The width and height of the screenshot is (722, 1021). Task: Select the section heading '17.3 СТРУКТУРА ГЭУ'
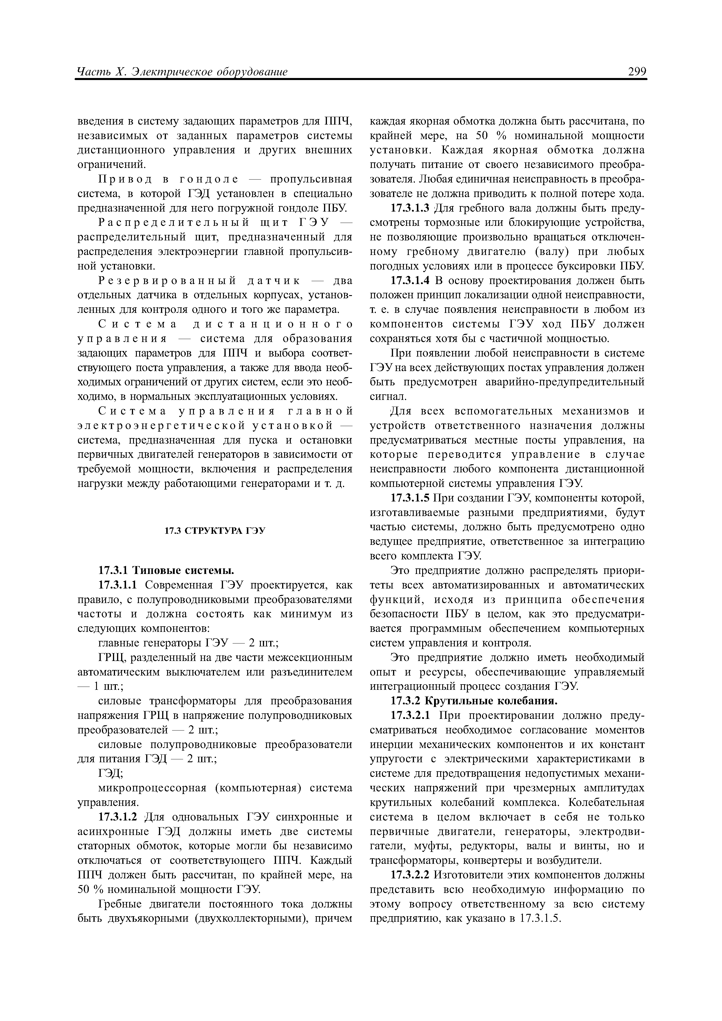click(x=215, y=531)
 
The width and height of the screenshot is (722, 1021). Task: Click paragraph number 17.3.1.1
click(x=120, y=585)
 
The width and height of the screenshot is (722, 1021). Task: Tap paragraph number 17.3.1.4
click(x=410, y=281)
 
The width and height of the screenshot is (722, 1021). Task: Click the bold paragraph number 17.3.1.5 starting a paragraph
click(x=410, y=499)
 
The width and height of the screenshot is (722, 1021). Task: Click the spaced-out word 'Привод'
click(x=126, y=179)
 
